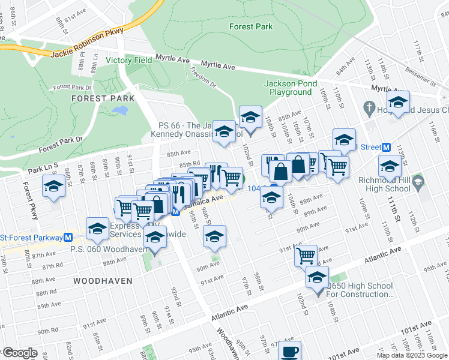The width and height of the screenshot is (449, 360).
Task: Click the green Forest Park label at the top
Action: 251,26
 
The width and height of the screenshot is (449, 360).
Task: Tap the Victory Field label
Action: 129,60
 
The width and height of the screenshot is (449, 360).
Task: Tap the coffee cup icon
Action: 289,351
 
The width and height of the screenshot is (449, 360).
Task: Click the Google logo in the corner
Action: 19,353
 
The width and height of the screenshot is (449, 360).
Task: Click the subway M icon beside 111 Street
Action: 387,148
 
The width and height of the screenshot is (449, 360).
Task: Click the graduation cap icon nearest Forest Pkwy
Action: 53,186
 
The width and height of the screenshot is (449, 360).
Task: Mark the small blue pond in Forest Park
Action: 119,111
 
